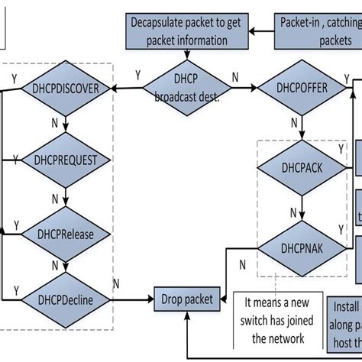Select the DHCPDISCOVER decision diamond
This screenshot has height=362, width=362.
point(66,89)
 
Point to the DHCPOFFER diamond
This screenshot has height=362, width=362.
point(303,89)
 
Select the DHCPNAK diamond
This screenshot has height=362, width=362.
point(303,247)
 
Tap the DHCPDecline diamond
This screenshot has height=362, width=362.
point(66,300)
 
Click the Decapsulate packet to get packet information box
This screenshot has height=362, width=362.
point(185,31)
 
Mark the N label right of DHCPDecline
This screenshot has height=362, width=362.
point(116,284)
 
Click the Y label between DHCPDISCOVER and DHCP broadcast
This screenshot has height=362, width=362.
point(137,75)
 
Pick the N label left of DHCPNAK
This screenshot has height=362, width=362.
point(242,265)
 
